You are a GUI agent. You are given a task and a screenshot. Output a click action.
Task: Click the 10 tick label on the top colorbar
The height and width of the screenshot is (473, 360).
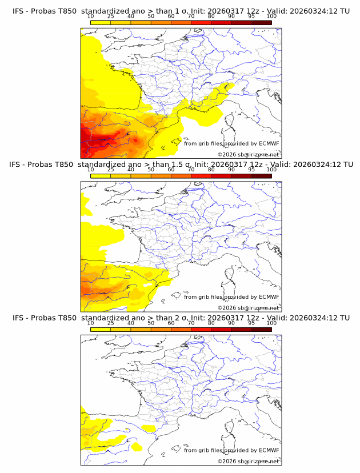pyautogui.click(x=90, y=16)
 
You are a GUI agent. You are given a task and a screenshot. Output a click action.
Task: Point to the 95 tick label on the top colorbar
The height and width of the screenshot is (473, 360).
pyautogui.click(x=251, y=16)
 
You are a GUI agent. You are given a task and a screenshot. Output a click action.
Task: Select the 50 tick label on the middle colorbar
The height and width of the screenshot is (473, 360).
pyautogui.click(x=151, y=170)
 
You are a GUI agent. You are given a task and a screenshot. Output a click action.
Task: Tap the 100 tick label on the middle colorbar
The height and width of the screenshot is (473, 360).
pyautogui.click(x=271, y=170)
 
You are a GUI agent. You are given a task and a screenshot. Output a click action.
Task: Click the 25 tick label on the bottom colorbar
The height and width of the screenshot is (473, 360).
pyautogui.click(x=110, y=323)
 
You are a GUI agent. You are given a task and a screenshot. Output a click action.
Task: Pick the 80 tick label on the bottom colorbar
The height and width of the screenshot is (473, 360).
pyautogui.click(x=211, y=323)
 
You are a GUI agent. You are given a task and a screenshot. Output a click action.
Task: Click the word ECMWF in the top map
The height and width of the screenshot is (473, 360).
pyautogui.click(x=269, y=143)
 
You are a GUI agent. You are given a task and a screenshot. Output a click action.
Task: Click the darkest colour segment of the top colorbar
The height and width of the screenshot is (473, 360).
pyautogui.click(x=261, y=22)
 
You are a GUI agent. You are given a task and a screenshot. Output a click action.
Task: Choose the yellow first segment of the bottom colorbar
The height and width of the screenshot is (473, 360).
pyautogui.click(x=100, y=330)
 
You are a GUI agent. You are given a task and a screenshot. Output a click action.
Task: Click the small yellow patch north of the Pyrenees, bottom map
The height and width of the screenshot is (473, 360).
pyautogui.click(x=149, y=427)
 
